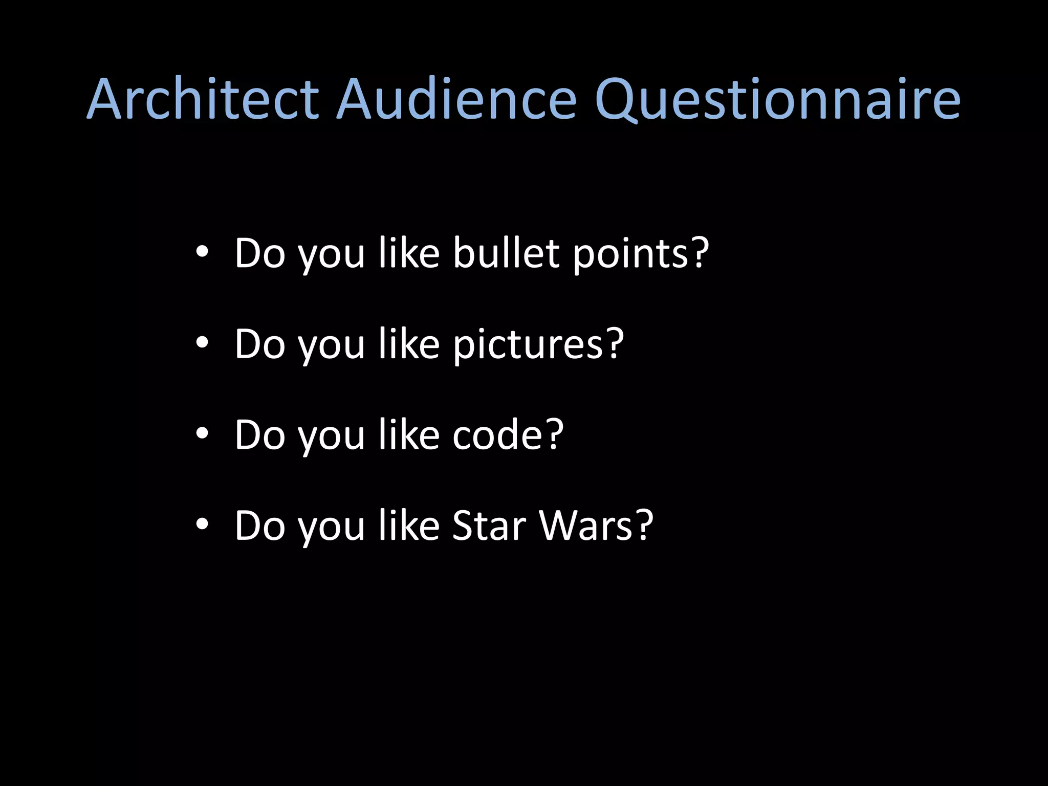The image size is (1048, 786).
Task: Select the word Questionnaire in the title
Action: [778, 100]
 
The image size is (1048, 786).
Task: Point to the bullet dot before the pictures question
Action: [202, 343]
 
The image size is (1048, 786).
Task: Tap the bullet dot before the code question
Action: [202, 434]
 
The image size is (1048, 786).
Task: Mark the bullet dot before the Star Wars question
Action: [202, 525]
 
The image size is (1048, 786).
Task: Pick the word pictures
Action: [528, 345]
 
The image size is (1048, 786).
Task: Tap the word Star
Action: [489, 526]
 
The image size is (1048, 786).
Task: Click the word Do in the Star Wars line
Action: [260, 526]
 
